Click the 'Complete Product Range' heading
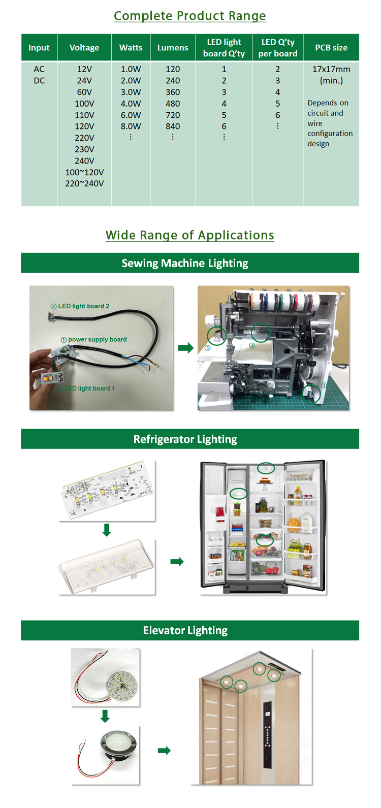(x=189, y=16)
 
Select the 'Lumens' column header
(x=173, y=48)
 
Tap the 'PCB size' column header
(x=331, y=48)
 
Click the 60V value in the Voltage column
(x=84, y=92)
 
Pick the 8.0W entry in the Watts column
(x=131, y=126)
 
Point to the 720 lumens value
(x=173, y=115)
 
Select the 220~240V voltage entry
(x=84, y=184)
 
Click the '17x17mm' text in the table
(x=331, y=69)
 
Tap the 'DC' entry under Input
(x=39, y=81)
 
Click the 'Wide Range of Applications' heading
(x=189, y=235)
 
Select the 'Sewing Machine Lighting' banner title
(x=185, y=263)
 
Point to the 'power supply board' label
(x=97, y=339)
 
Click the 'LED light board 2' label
(x=83, y=306)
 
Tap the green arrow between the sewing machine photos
(x=185, y=348)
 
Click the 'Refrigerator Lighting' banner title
(x=185, y=439)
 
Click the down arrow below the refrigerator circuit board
(x=107, y=530)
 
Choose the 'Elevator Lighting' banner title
(x=185, y=630)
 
